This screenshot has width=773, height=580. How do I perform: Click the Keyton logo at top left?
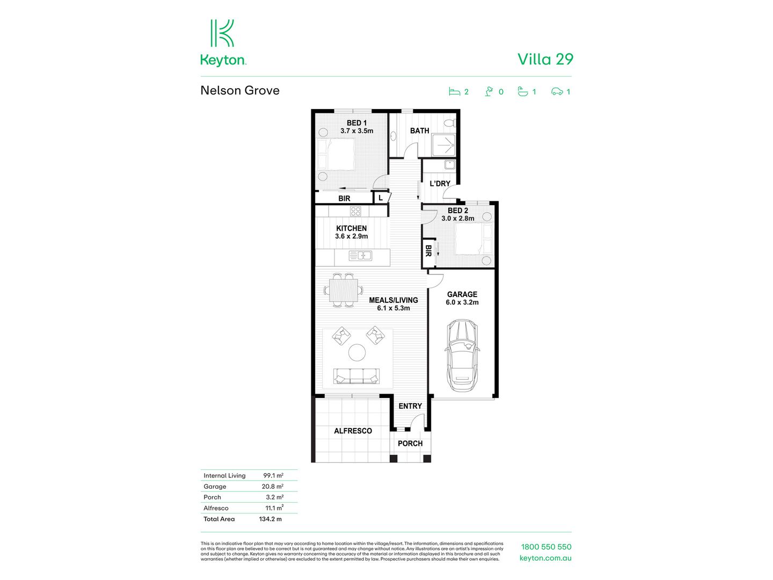(x=223, y=43)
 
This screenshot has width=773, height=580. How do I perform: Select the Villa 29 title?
(x=545, y=59)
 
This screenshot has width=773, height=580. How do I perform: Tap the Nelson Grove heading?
(x=240, y=90)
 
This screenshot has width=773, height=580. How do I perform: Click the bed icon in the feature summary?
(x=455, y=92)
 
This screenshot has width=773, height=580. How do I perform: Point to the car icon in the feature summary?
(x=557, y=92)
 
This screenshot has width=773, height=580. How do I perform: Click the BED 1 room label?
(x=356, y=127)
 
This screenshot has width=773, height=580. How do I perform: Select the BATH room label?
(x=419, y=130)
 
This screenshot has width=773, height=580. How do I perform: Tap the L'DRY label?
(x=440, y=184)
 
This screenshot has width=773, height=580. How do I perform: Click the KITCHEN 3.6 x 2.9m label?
(x=352, y=232)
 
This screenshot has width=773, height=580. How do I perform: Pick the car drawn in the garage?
(x=462, y=356)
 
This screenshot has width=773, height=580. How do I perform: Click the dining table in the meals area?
(x=343, y=291)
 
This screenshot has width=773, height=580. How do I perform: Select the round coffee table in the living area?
(x=357, y=353)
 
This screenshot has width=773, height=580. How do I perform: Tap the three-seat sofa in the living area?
(x=356, y=376)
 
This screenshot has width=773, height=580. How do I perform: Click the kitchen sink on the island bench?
(x=360, y=256)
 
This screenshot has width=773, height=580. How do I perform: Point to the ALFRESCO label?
(x=353, y=431)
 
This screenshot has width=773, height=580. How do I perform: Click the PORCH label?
(x=410, y=444)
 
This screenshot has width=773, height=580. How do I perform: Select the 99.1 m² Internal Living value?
(x=273, y=475)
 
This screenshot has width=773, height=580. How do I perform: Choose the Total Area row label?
(x=219, y=519)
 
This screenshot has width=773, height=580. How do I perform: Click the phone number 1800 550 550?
(x=546, y=547)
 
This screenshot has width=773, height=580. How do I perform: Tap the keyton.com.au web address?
(x=545, y=558)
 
